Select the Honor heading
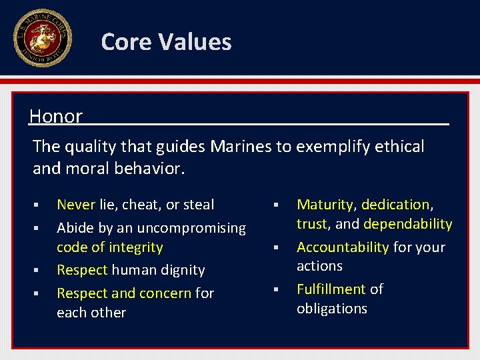[56, 117]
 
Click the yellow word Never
[75, 205]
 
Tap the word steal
[198, 205]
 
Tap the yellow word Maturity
[325, 205]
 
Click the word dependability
[408, 224]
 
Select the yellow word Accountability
[342, 247]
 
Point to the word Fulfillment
[331, 289]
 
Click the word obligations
[332, 309]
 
